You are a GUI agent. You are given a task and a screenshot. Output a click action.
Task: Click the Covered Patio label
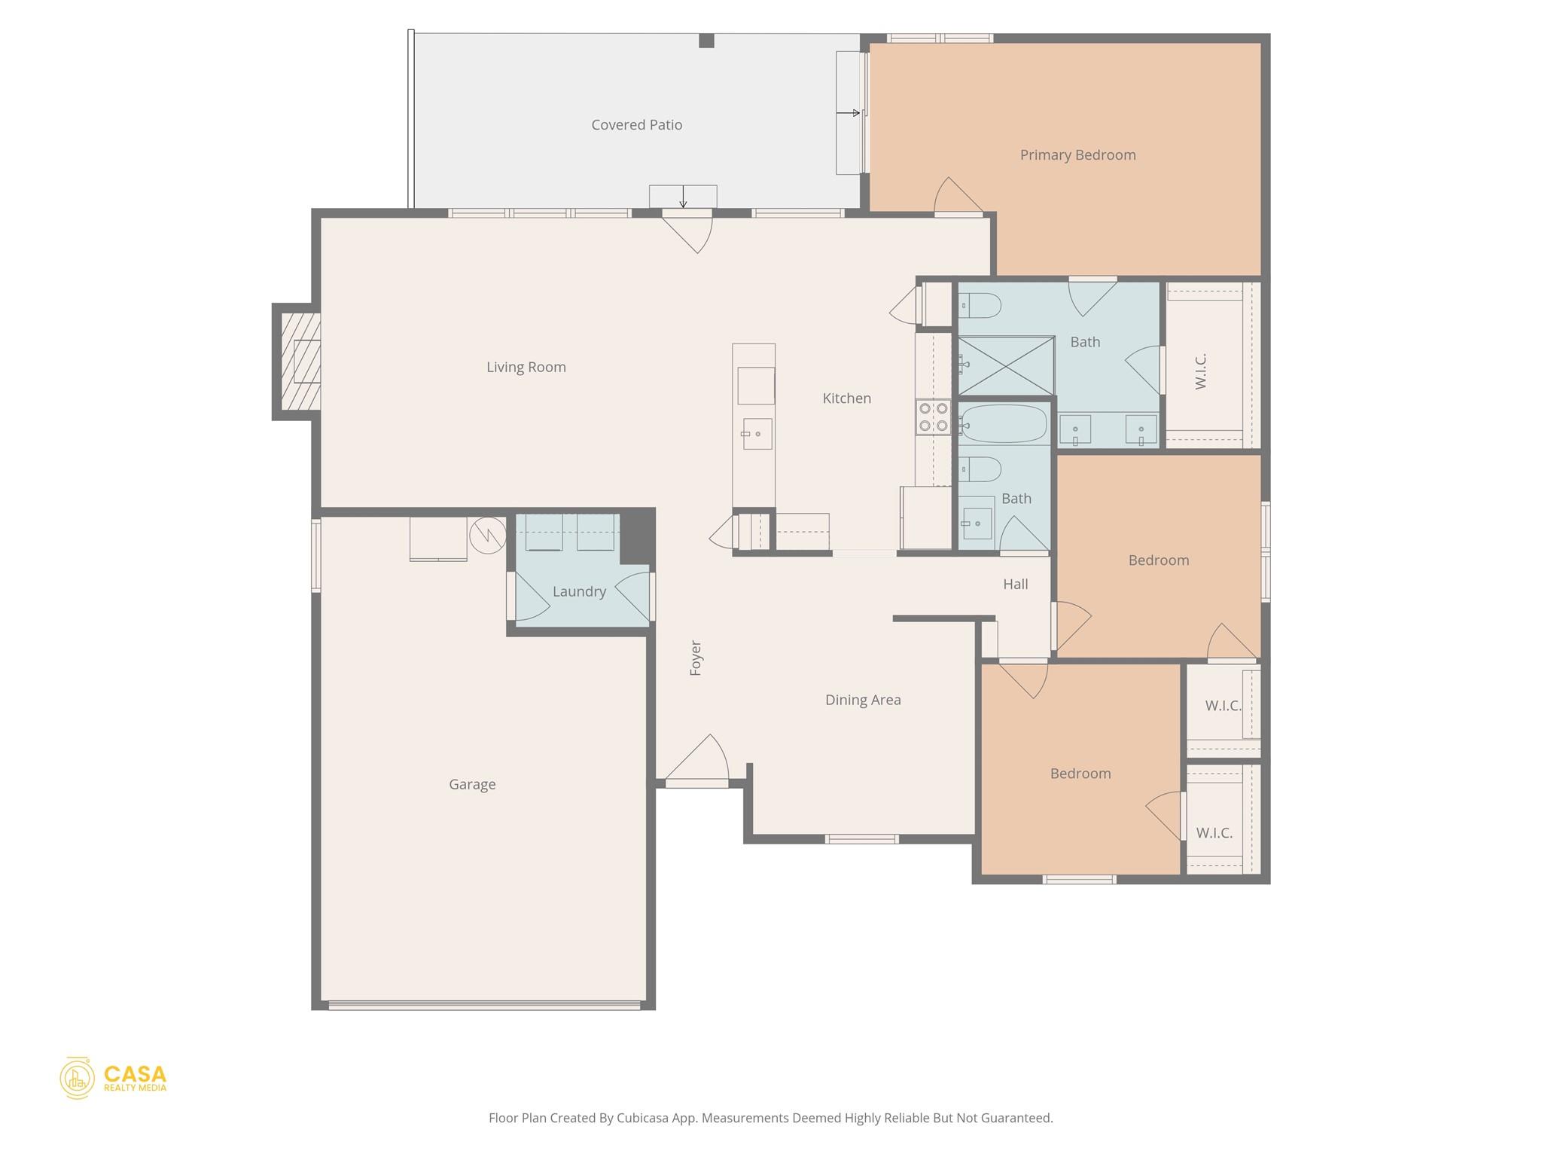coord(636,125)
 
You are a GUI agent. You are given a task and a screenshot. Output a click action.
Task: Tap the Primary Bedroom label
coord(1077,155)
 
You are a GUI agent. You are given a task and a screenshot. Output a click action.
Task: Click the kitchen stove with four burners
coord(933,417)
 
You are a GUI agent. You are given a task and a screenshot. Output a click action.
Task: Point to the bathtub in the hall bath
coord(1004,424)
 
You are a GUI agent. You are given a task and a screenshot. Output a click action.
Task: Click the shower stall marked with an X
coord(1006,366)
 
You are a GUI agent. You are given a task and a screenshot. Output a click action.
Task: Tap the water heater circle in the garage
coord(488,535)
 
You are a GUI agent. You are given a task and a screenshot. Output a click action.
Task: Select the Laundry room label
coord(579,592)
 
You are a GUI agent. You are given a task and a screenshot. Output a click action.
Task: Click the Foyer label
coord(696,658)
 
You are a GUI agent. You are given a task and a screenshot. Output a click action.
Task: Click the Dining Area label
coord(863,700)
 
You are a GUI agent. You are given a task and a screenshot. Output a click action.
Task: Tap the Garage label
coord(472,784)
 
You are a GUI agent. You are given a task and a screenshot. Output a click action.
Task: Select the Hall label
coord(1015,585)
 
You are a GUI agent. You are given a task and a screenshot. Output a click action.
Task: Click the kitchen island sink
coord(757,434)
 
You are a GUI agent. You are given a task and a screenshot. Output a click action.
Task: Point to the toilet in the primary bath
coord(980,306)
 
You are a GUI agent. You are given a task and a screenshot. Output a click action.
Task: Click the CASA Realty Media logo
coord(113,1078)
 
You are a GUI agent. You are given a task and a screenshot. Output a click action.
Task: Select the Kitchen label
coord(846,398)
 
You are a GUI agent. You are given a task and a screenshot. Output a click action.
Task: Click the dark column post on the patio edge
coord(705,41)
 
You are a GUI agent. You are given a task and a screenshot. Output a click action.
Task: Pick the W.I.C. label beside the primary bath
coord(1201,371)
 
